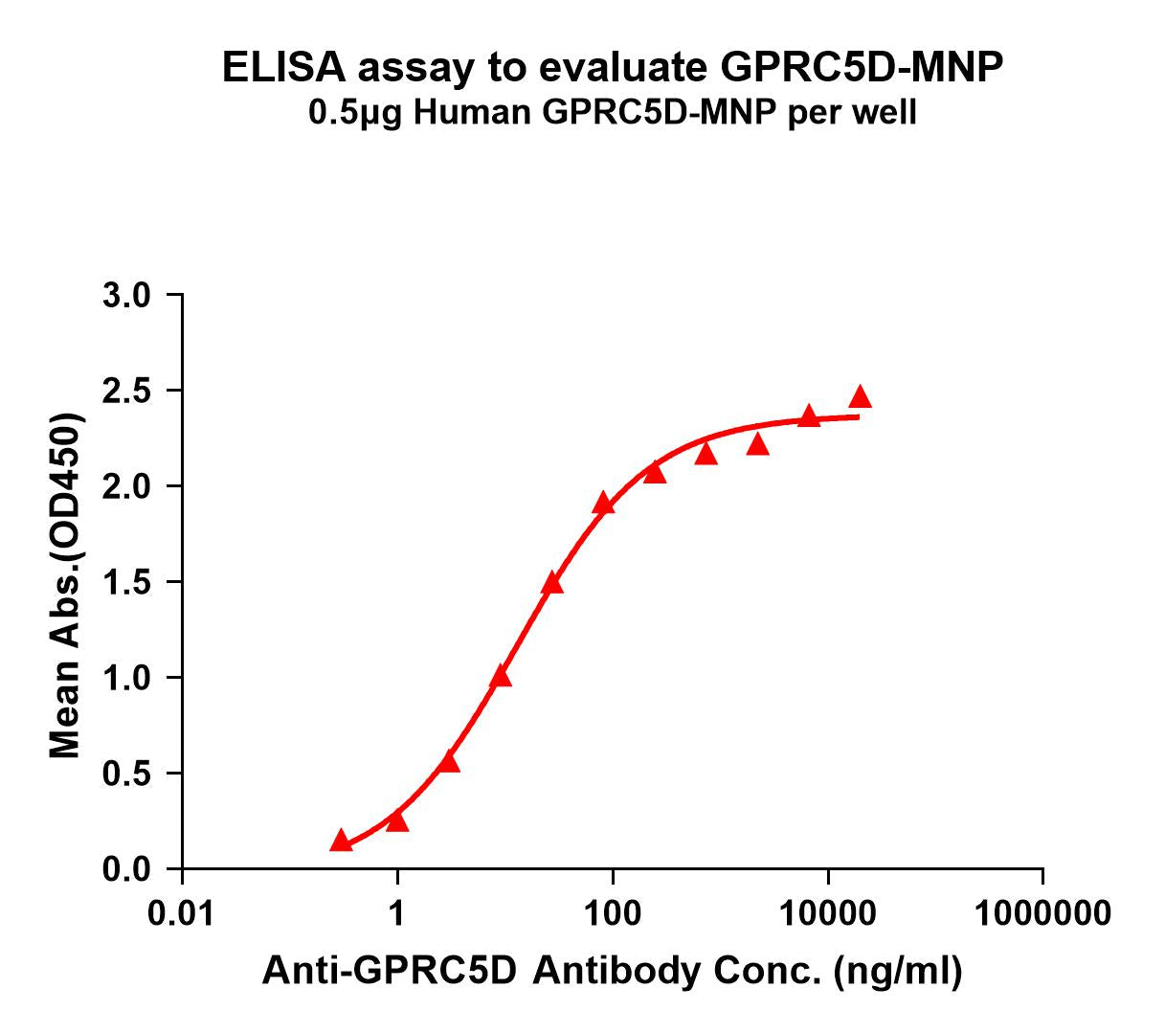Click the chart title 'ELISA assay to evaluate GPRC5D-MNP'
pyautogui.click(x=613, y=68)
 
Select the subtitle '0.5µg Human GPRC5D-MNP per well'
pyautogui.click(x=613, y=113)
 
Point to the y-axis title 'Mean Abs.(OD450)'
pyautogui.click(x=65, y=586)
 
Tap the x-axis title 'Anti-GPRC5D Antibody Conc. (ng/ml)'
pyautogui.click(x=612, y=971)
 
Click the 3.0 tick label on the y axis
pyautogui.click(x=126, y=296)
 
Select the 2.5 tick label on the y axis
pyautogui.click(x=126, y=392)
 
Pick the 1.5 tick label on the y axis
pyautogui.click(x=126, y=582)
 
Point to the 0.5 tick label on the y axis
pyautogui.click(x=126, y=774)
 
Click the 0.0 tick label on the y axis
pyautogui.click(x=126, y=869)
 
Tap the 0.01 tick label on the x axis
pyautogui.click(x=182, y=912)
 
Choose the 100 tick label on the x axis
pyautogui.click(x=612, y=912)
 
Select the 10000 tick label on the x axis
pyautogui.click(x=827, y=912)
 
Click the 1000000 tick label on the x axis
pyautogui.click(x=1042, y=912)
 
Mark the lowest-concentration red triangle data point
pyautogui.click(x=341, y=841)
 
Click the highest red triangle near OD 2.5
pyautogui.click(x=860, y=396)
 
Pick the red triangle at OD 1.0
pyautogui.click(x=500, y=677)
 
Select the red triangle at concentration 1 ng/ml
pyautogui.click(x=397, y=821)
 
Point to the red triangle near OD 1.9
pyautogui.click(x=603, y=504)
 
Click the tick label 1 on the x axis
pyautogui.click(x=396, y=912)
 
